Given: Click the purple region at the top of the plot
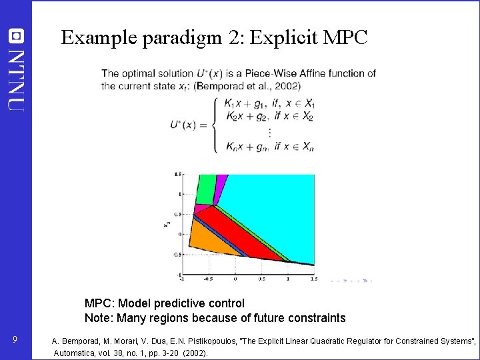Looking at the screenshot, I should (x=219, y=189).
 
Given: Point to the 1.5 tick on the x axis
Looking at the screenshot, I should (x=313, y=279).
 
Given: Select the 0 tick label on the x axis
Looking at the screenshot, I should (x=235, y=279).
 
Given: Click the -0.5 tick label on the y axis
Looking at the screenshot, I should (x=177, y=254).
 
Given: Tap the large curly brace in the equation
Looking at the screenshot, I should (x=214, y=125).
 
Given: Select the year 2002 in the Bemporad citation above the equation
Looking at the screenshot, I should (x=287, y=85).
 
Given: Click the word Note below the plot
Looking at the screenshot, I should (x=97, y=318).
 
